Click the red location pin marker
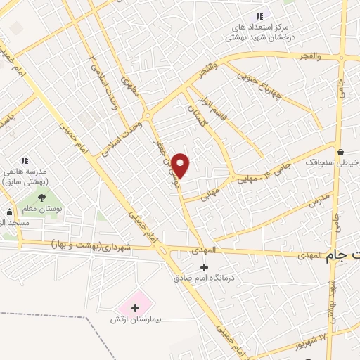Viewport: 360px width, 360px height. point(181,165)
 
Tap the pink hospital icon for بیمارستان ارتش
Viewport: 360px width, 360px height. point(135,307)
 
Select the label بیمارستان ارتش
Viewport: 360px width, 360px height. point(136,320)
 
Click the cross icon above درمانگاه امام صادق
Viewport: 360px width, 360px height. point(204,267)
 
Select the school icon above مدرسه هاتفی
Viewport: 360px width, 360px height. point(25,160)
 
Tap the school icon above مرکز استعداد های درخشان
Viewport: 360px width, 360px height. point(259,15)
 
